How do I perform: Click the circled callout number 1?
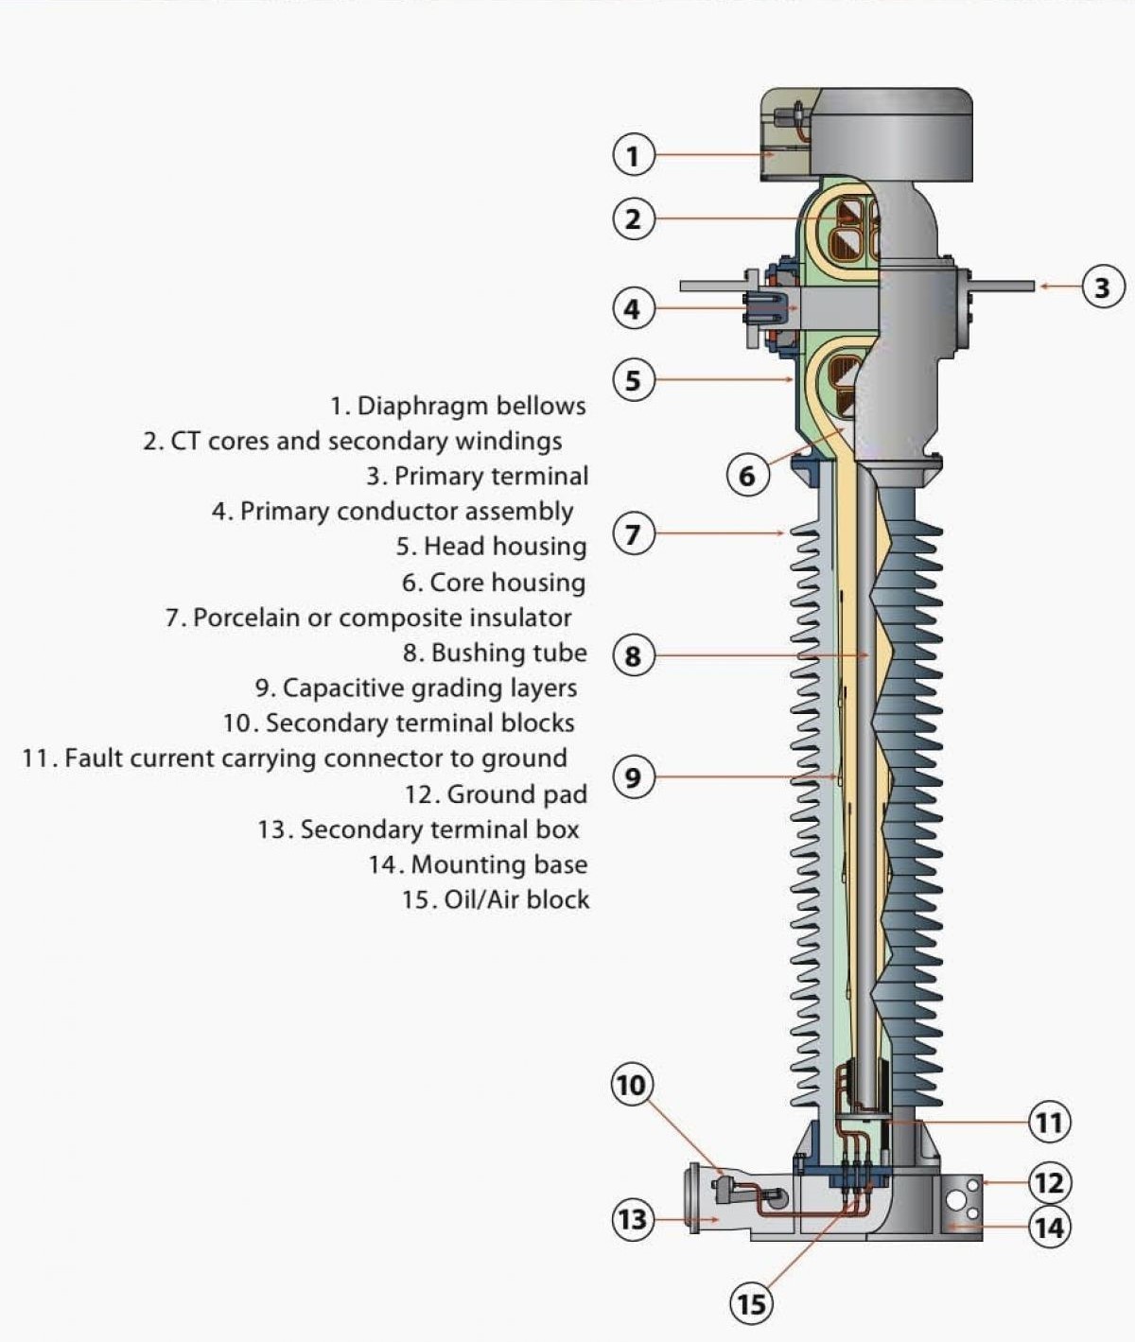[633, 154]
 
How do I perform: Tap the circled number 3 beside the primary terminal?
[1102, 286]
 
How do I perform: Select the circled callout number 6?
[747, 475]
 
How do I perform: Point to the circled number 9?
[633, 777]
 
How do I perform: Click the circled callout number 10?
[631, 1084]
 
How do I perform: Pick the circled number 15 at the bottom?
[751, 1304]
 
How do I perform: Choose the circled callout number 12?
[1050, 1182]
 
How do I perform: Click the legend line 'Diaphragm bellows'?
[459, 407]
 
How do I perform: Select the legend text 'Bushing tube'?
[495, 654]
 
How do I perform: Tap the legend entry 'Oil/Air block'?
[496, 899]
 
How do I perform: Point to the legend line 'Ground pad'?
[497, 794]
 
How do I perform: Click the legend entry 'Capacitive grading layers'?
[416, 688]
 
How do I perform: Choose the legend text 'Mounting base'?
[479, 864]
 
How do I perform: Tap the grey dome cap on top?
[894, 132]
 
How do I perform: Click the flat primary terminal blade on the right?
[1003, 285]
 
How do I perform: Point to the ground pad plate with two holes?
[964, 1196]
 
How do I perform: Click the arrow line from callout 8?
[757, 654]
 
